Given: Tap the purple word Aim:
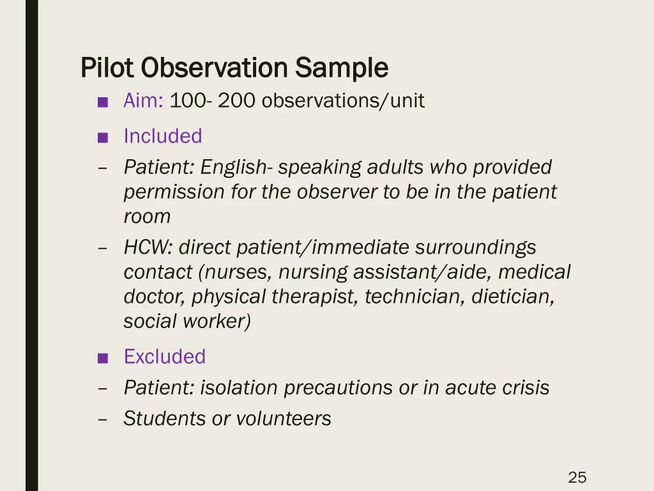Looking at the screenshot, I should (144, 101).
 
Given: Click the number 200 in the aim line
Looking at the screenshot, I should (237, 101).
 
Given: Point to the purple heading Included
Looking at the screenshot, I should (163, 136).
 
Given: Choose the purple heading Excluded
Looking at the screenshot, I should (165, 357).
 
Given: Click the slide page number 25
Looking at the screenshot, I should (577, 477).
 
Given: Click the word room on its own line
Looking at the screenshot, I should (147, 216).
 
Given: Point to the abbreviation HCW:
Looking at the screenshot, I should (149, 247).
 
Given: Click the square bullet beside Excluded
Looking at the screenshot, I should (102, 358).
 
